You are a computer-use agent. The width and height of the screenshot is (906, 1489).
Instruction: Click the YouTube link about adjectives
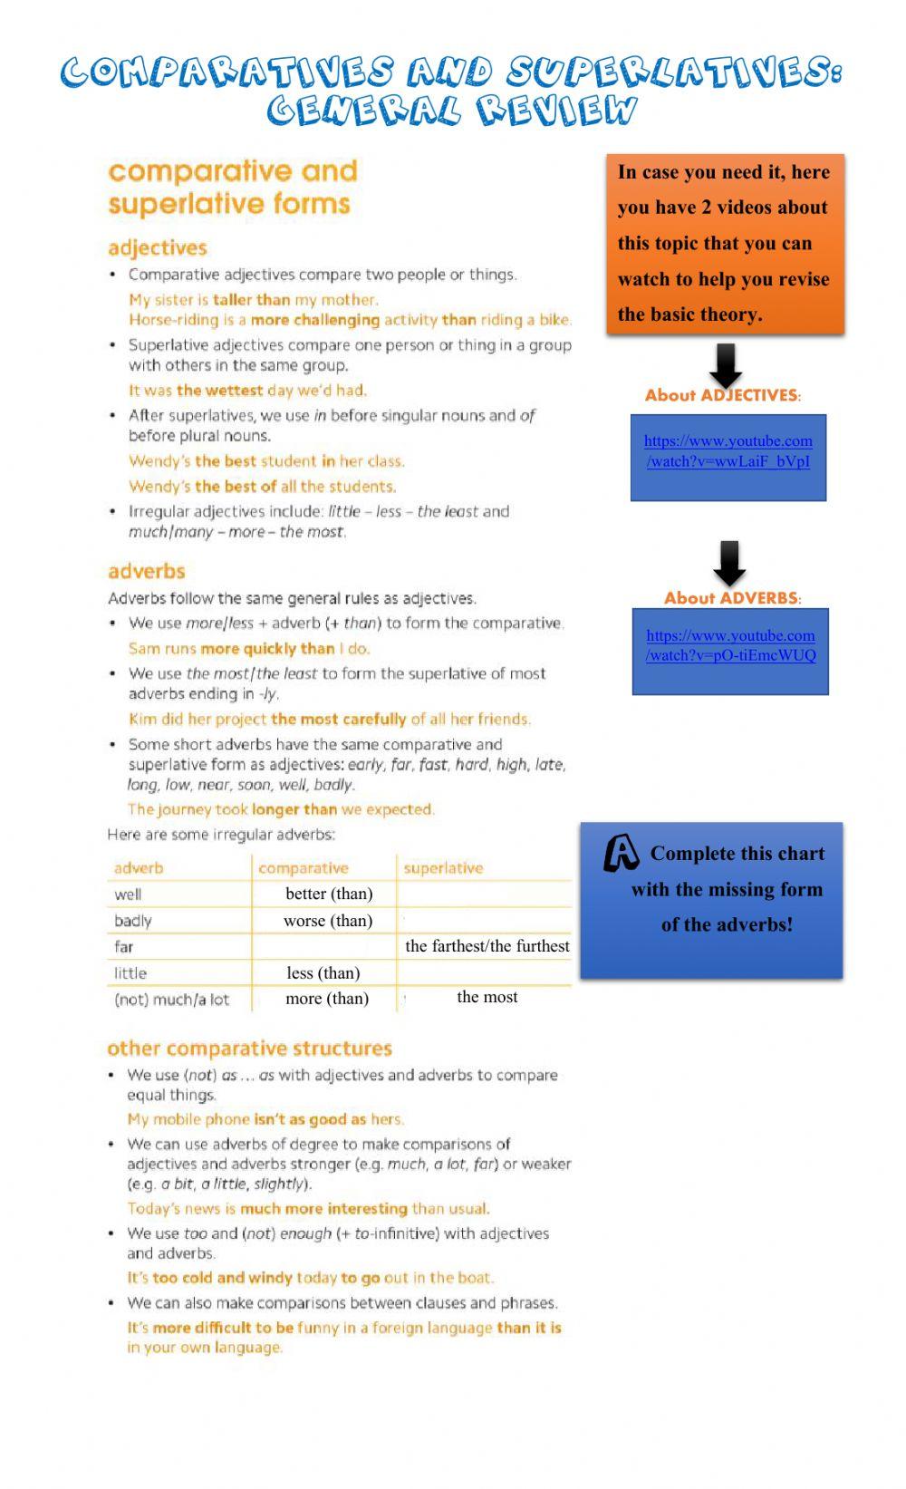click(x=728, y=450)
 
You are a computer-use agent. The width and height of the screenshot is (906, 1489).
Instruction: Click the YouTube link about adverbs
click(x=730, y=645)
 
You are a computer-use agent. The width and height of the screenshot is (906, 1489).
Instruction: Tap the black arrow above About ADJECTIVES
click(x=725, y=365)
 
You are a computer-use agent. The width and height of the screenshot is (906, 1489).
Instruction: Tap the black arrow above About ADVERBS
click(x=729, y=563)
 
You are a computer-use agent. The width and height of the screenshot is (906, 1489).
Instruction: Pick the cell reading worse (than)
click(x=328, y=921)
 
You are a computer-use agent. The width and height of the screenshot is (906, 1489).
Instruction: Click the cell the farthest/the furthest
click(x=487, y=946)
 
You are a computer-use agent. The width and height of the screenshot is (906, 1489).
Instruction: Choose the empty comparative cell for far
click(x=324, y=947)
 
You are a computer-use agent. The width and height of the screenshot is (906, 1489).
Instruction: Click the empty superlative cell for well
click(x=485, y=894)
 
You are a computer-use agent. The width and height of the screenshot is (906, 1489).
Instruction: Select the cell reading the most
click(x=487, y=997)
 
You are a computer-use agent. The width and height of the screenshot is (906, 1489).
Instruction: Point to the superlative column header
click(x=443, y=868)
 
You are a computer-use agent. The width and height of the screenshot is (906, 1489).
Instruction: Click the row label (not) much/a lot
click(x=171, y=1000)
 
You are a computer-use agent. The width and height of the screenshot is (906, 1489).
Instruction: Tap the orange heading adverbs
click(x=146, y=572)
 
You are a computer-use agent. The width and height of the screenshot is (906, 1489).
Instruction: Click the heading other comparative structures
click(x=249, y=1049)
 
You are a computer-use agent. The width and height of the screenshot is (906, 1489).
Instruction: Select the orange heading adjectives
click(x=157, y=248)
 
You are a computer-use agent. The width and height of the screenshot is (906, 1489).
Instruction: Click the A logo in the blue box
click(x=622, y=853)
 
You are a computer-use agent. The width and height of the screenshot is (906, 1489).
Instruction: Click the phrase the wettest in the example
click(x=219, y=391)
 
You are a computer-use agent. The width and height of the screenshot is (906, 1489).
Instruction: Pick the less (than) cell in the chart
click(x=323, y=973)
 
